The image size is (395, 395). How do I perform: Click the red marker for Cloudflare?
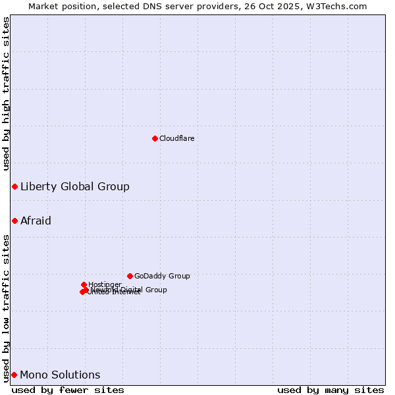pos(155,138)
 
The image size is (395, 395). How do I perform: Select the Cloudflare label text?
pos(176,138)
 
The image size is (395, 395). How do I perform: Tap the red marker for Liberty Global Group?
pos(14,187)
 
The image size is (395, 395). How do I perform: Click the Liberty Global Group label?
pos(74,186)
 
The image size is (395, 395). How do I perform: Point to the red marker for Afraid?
pos(14,221)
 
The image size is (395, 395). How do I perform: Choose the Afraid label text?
pos(36,221)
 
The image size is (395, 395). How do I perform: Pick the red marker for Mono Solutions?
pos(14,375)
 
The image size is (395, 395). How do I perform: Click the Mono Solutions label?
pos(60,375)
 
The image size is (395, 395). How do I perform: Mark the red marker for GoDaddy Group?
pos(130,276)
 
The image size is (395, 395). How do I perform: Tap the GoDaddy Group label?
pos(162,276)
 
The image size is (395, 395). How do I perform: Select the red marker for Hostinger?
pos(84,284)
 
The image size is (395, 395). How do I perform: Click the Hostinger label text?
pos(105,284)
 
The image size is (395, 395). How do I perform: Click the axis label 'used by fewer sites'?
pos(68,390)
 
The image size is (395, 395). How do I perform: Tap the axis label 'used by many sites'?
pos(330,390)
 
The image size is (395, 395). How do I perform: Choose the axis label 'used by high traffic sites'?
pos(6,93)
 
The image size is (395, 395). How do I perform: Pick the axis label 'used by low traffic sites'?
pos(6,307)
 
